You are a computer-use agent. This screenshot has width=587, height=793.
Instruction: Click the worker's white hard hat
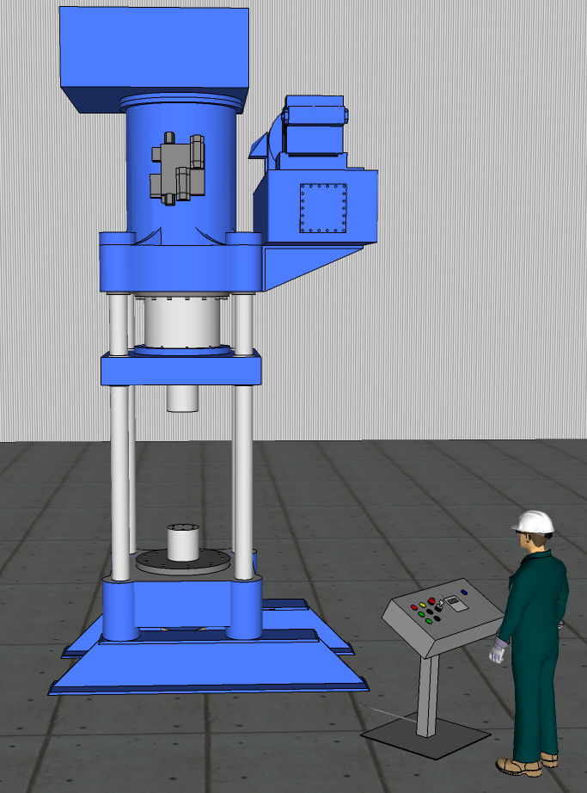[533, 521]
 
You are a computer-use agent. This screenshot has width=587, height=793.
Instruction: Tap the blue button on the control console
[464, 592]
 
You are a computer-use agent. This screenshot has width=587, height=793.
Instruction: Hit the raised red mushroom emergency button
[431, 600]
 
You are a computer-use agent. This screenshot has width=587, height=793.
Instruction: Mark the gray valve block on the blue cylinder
[178, 169]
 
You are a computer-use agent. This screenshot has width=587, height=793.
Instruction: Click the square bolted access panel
[322, 208]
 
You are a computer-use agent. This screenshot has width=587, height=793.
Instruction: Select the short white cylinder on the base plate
[182, 542]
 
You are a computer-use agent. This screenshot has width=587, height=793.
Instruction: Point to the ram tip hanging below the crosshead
[182, 398]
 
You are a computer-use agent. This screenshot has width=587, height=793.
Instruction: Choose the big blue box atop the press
[154, 57]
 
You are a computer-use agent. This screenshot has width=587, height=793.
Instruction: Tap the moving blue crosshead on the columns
[181, 370]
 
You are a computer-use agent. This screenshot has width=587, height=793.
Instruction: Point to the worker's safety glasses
[523, 536]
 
